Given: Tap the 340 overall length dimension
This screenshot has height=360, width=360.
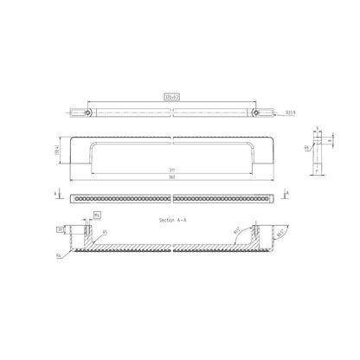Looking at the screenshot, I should click(x=176, y=179).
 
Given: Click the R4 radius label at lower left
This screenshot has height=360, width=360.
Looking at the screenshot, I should click(x=58, y=257).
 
